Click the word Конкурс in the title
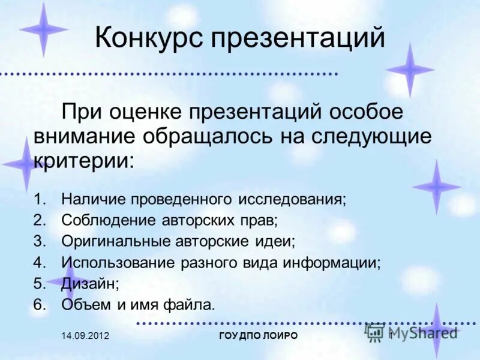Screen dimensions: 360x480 [x=148, y=38]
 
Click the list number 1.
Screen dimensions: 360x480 [x=39, y=199]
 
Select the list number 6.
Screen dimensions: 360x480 [x=39, y=304]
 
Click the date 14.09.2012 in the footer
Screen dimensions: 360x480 [x=85, y=336]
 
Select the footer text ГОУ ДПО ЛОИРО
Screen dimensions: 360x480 [x=259, y=336]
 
